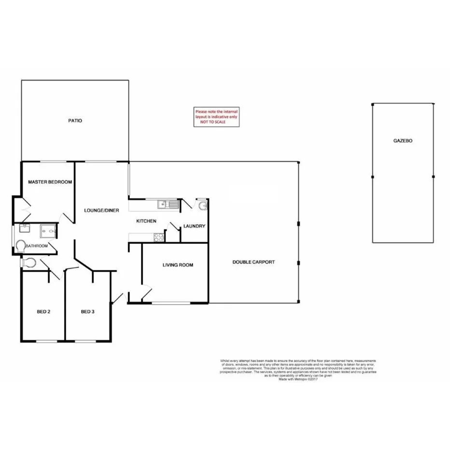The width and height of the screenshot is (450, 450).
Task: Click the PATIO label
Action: [75, 121]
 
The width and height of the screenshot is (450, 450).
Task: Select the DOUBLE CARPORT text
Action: [253, 262]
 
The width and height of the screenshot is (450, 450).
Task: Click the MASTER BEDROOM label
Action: [50, 182]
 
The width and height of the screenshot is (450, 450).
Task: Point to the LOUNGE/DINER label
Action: [101, 211]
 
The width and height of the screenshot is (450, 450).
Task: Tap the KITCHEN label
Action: [146, 221]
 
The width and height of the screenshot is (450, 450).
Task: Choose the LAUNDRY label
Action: [194, 226]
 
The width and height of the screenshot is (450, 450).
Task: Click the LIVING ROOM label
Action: [178, 265]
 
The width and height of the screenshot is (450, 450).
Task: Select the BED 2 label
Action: [43, 311]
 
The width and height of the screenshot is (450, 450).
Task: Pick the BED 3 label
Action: [87, 311]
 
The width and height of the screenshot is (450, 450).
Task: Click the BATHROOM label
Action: [37, 246]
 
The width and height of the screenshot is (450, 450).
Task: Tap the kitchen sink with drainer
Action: [168, 205]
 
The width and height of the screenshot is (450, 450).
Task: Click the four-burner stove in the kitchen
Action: [158, 237]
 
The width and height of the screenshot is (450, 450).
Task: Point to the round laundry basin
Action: [203, 206]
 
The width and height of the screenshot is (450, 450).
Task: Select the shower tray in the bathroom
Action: [49, 231]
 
